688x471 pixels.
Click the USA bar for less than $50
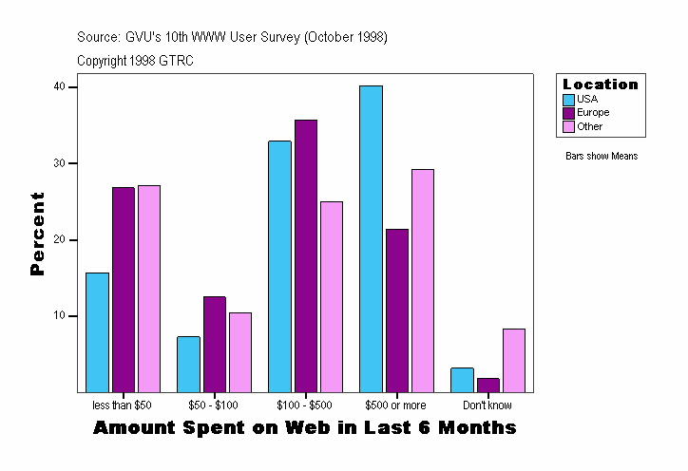click(x=97, y=331)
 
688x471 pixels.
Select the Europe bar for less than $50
click(x=124, y=289)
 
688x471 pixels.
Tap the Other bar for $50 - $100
click(x=240, y=351)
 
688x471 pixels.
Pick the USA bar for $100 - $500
click(x=279, y=266)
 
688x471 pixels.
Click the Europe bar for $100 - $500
click(x=306, y=255)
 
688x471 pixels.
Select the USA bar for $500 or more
click(x=371, y=238)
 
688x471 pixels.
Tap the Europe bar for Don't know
click(x=487, y=385)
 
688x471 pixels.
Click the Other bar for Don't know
click(x=514, y=360)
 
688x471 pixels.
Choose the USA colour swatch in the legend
click(x=568, y=99)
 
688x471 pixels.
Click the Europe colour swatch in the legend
click(x=568, y=113)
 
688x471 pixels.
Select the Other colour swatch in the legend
click(x=568, y=126)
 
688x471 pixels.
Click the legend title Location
click(x=601, y=85)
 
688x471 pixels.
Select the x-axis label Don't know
click(x=487, y=405)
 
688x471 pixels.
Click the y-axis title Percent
click(x=38, y=234)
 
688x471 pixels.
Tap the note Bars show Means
click(x=602, y=156)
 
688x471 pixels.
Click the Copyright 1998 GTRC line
click(x=136, y=61)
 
